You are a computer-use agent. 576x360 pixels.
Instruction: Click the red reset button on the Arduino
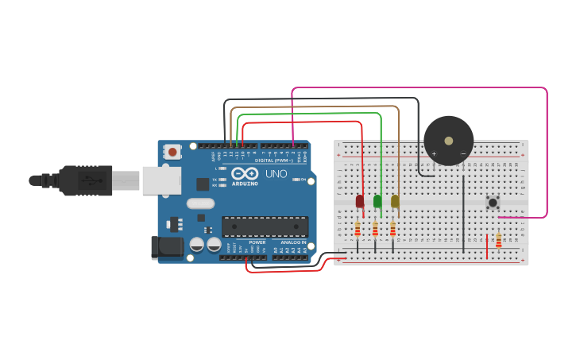click(x=172, y=149)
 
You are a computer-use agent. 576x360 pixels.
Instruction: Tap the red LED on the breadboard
click(x=360, y=201)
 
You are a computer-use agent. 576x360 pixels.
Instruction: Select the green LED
click(x=377, y=201)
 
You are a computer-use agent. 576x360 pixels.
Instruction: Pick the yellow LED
click(x=395, y=201)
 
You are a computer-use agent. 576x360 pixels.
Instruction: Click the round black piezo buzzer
click(x=449, y=140)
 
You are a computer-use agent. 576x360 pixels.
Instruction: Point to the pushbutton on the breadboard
click(x=493, y=203)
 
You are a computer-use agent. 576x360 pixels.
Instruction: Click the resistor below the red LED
click(x=358, y=230)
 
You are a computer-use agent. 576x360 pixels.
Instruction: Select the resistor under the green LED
click(x=375, y=230)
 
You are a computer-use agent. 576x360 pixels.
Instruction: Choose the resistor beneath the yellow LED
click(x=392, y=230)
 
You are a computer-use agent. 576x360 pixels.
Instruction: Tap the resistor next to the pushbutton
click(x=498, y=240)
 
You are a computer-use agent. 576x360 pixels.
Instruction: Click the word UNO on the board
click(x=276, y=173)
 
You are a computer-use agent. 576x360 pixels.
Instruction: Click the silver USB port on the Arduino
click(x=161, y=180)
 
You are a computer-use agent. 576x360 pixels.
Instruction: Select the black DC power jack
click(x=168, y=246)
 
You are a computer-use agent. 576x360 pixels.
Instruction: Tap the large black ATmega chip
click(x=265, y=226)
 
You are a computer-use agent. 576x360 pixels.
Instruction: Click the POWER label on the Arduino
click(x=257, y=242)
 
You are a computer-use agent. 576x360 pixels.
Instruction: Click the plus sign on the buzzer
click(x=435, y=153)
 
